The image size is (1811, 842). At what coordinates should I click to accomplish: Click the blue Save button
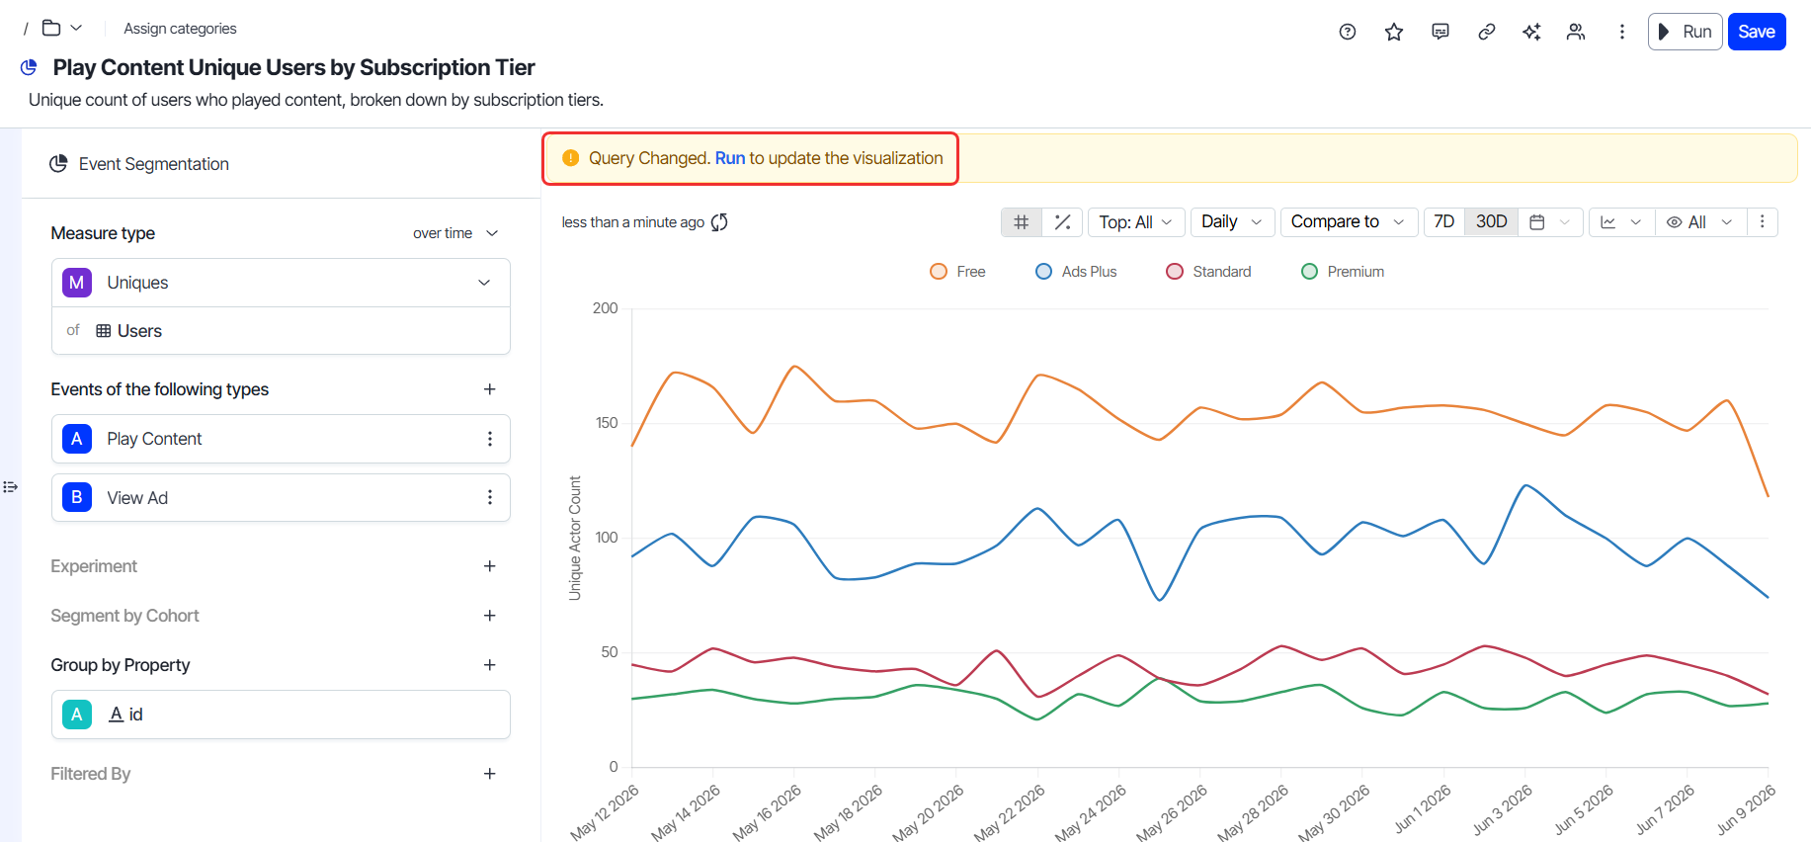(1756, 32)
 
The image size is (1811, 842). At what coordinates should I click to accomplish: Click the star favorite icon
(1394, 32)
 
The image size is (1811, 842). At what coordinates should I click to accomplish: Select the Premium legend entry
(1343, 272)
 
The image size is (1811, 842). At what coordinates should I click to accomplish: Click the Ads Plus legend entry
(1076, 272)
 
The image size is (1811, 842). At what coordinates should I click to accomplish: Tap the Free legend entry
(958, 272)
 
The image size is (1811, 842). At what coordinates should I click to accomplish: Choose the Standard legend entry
(1208, 272)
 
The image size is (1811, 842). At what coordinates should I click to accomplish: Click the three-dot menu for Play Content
(489, 439)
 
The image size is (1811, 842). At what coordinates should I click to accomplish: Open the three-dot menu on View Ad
(489, 497)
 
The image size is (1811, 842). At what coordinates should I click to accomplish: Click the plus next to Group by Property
(489, 665)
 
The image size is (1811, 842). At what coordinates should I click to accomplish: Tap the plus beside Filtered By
(489, 774)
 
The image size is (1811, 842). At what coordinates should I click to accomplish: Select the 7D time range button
(1443, 222)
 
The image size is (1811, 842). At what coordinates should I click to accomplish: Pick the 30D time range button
(1491, 222)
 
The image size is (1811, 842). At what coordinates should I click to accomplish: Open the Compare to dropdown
(1349, 222)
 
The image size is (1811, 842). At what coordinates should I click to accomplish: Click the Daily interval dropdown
(1232, 222)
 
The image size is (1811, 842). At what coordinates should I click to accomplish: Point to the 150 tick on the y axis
(607, 423)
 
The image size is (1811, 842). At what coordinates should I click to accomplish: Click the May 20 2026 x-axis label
(929, 813)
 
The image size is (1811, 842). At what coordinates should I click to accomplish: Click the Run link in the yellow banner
(730, 158)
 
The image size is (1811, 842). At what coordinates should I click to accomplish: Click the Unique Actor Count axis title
(575, 539)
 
